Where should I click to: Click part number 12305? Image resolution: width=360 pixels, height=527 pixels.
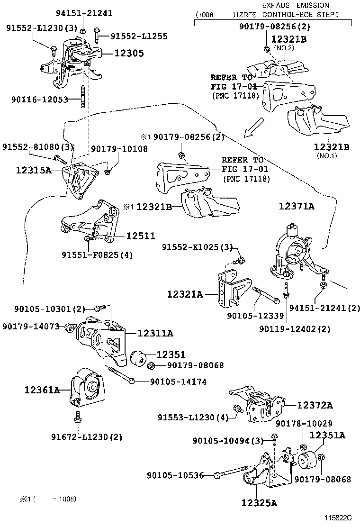pos(129,54)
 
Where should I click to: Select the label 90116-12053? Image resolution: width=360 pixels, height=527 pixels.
pos(40,100)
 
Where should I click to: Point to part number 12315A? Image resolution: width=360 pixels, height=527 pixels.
pos(34,171)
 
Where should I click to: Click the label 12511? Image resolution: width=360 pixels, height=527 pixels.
pos(141,236)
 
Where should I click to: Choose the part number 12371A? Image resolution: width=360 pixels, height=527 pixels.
pos(297,206)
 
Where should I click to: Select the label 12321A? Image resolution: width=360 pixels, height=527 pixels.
pos(185,294)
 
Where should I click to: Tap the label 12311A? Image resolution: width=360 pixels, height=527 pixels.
pos(155,333)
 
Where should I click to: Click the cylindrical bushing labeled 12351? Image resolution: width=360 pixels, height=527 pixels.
pos(138,358)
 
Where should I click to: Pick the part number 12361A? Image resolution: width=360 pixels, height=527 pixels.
pos(42,390)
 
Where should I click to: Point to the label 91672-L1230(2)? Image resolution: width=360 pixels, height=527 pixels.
pos(87,437)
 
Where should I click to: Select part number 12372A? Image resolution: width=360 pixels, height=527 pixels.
pos(315,405)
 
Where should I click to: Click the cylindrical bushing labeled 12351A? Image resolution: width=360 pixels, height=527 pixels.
pos(306,460)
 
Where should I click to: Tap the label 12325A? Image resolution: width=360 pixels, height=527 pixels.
pos(259,503)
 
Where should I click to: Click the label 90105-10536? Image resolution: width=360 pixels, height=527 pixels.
pos(175,475)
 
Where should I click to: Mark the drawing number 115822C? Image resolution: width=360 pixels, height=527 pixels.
pos(338,518)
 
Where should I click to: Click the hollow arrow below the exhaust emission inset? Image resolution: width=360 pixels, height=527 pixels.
pos(254,127)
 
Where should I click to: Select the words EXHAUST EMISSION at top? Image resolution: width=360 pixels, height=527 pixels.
pos(296,5)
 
